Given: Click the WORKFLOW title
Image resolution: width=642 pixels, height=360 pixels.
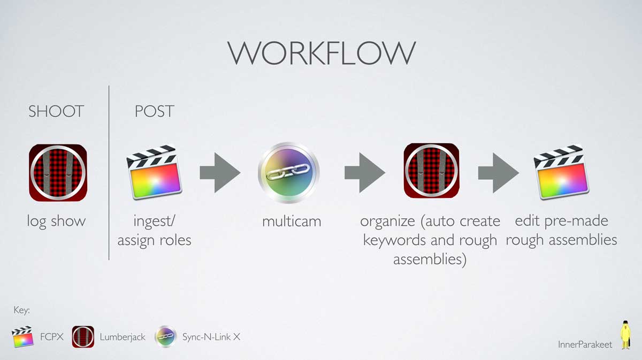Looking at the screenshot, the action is pyautogui.click(x=322, y=53).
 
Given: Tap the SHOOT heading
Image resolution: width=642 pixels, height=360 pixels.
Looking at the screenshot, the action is pyautogui.click(x=56, y=111).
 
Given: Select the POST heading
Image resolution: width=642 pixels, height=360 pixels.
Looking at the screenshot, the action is pyautogui.click(x=154, y=111).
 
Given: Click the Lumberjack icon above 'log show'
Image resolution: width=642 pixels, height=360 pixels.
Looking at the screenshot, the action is pyautogui.click(x=58, y=173).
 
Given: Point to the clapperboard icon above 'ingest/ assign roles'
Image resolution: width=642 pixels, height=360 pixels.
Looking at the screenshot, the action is pyautogui.click(x=154, y=172).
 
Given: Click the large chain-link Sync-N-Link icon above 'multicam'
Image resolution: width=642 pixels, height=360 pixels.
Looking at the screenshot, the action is pyautogui.click(x=288, y=172).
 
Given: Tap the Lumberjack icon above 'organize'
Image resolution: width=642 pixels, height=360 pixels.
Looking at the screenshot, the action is pyautogui.click(x=432, y=171).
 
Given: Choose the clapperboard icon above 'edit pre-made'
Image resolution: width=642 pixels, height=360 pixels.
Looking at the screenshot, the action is pyautogui.click(x=561, y=172).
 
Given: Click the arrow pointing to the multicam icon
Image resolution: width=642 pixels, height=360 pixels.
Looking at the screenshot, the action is pyautogui.click(x=220, y=173).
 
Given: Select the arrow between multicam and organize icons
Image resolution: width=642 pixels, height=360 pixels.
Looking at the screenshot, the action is pyautogui.click(x=365, y=173).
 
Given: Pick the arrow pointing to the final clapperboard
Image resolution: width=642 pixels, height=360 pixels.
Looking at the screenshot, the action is pyautogui.click(x=499, y=173).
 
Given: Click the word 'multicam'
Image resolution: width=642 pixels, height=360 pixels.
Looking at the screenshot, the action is pyautogui.click(x=292, y=221).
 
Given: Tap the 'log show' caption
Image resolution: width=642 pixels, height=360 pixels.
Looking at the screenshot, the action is pyautogui.click(x=56, y=222).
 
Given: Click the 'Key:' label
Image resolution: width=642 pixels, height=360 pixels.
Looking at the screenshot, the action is pyautogui.click(x=22, y=310).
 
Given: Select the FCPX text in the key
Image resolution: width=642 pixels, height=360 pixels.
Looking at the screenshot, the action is pyautogui.click(x=52, y=337).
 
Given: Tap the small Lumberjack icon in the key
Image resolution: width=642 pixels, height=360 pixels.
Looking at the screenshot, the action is pyautogui.click(x=83, y=337).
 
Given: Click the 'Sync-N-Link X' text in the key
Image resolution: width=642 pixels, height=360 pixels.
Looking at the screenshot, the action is pyautogui.click(x=211, y=337).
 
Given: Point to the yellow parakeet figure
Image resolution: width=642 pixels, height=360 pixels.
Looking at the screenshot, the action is pyautogui.click(x=625, y=335).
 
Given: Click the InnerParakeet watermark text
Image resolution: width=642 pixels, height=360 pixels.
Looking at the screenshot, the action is pyautogui.click(x=585, y=344).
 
